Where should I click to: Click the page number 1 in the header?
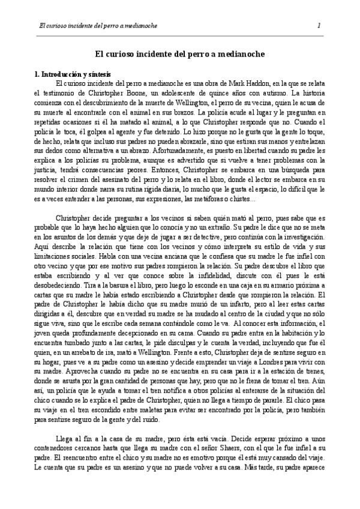coord(319,25)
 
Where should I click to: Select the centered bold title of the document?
coord(180,53)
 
